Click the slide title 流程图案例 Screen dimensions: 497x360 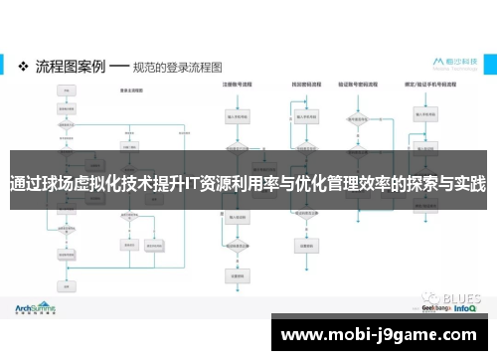click(x=69, y=68)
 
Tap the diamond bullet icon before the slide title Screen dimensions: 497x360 click(x=23, y=68)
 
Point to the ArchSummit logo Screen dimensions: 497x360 click(x=35, y=308)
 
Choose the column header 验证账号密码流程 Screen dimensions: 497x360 click(x=357, y=87)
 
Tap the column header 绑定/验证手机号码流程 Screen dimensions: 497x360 click(x=428, y=87)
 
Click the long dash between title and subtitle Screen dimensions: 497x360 click(x=117, y=68)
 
